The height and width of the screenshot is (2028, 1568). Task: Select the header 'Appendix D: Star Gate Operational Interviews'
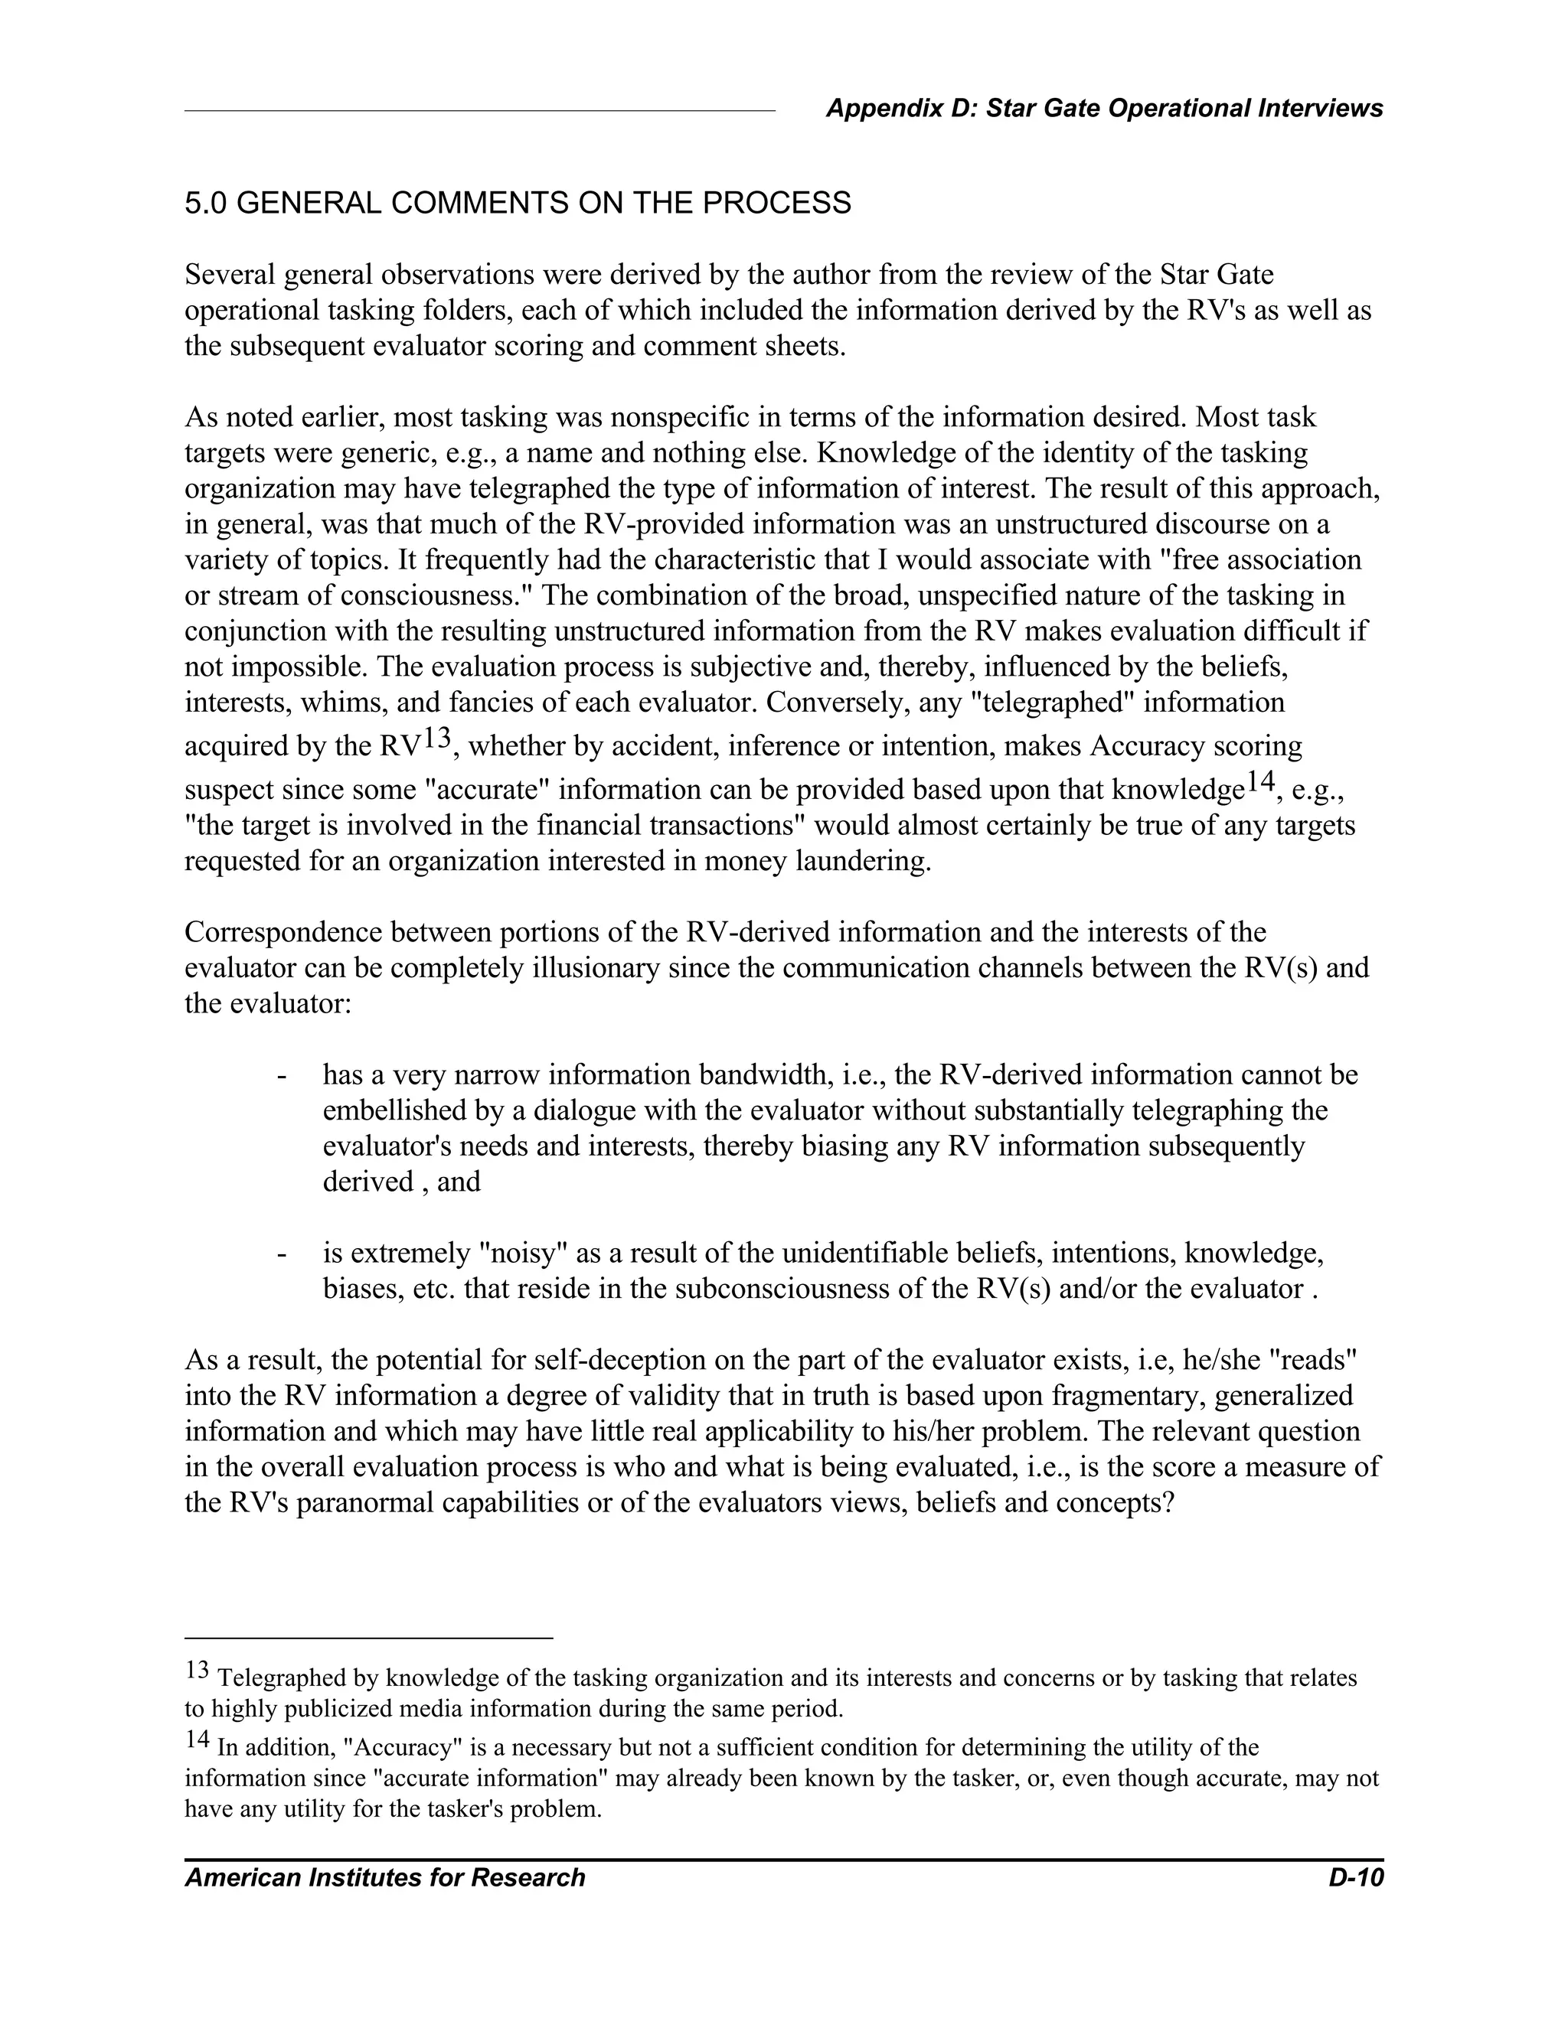tap(1103, 109)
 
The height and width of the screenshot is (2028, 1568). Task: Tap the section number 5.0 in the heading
tap(206, 204)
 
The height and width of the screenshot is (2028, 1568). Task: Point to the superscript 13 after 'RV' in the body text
tap(436, 739)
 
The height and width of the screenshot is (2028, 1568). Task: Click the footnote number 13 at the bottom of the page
tap(197, 1670)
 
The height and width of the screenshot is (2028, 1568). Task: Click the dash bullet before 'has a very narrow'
tap(280, 1076)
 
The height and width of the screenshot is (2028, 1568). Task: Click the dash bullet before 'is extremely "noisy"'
tap(280, 1254)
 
